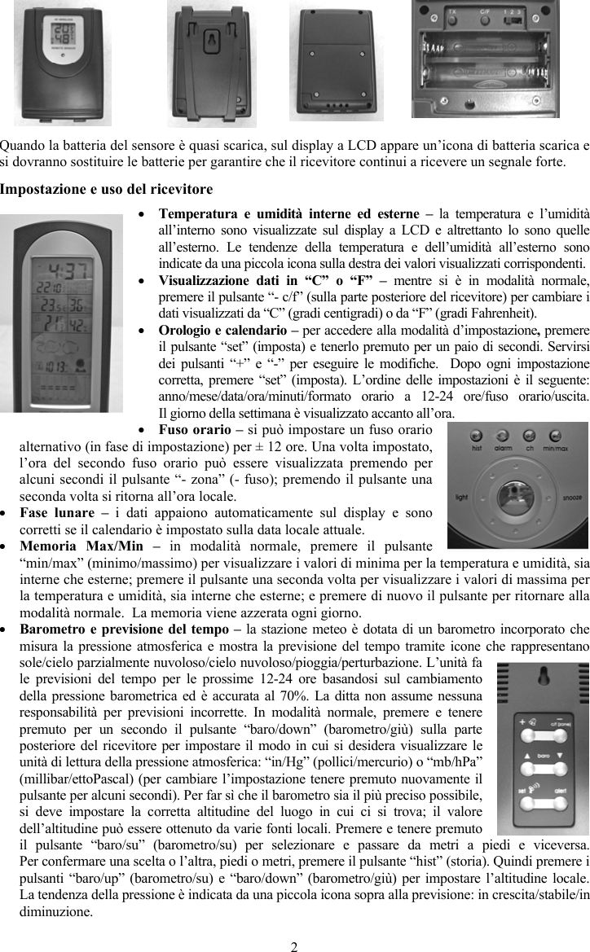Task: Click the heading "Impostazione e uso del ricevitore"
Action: pyautogui.click(x=106, y=189)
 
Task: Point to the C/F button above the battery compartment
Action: pyautogui.click(x=482, y=12)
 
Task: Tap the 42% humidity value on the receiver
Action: pyautogui.click(x=79, y=325)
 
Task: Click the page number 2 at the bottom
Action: pyautogui.click(x=294, y=945)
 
